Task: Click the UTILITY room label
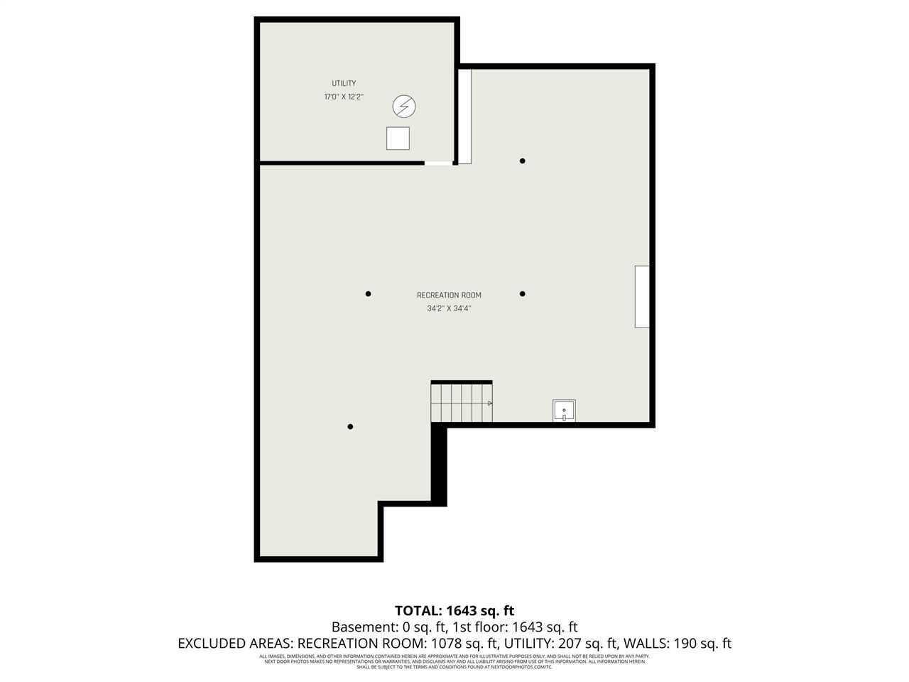pyautogui.click(x=344, y=84)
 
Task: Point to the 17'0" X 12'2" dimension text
pyautogui.click(x=344, y=97)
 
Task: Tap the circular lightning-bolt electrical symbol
pyautogui.click(x=404, y=107)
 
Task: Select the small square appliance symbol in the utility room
pyautogui.click(x=398, y=139)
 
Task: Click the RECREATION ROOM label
pyautogui.click(x=449, y=296)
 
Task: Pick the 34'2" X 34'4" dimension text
pyautogui.click(x=449, y=309)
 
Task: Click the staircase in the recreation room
pyautogui.click(x=461, y=403)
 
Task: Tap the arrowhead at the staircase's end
pyautogui.click(x=489, y=403)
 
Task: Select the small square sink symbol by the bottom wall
pyautogui.click(x=564, y=411)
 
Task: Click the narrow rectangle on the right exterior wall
pyautogui.click(x=642, y=296)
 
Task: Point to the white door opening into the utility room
pyautogui.click(x=438, y=163)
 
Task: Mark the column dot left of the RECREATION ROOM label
pyautogui.click(x=368, y=293)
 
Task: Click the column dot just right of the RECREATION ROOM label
pyautogui.click(x=522, y=293)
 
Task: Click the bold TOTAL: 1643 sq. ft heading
pyautogui.click(x=454, y=610)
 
